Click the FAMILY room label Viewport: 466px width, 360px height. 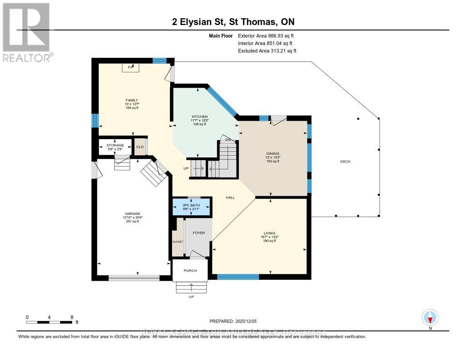click(132, 100)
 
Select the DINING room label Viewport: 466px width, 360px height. click(273, 154)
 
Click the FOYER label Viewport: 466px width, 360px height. click(199, 233)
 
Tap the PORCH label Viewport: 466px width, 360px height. click(190, 271)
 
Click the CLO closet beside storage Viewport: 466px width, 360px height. click(140, 147)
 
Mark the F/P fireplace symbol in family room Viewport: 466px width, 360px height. click(131, 67)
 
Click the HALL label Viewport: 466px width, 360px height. click(231, 198)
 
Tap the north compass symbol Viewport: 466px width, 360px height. click(430, 318)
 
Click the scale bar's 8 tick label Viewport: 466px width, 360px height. click(71, 317)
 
